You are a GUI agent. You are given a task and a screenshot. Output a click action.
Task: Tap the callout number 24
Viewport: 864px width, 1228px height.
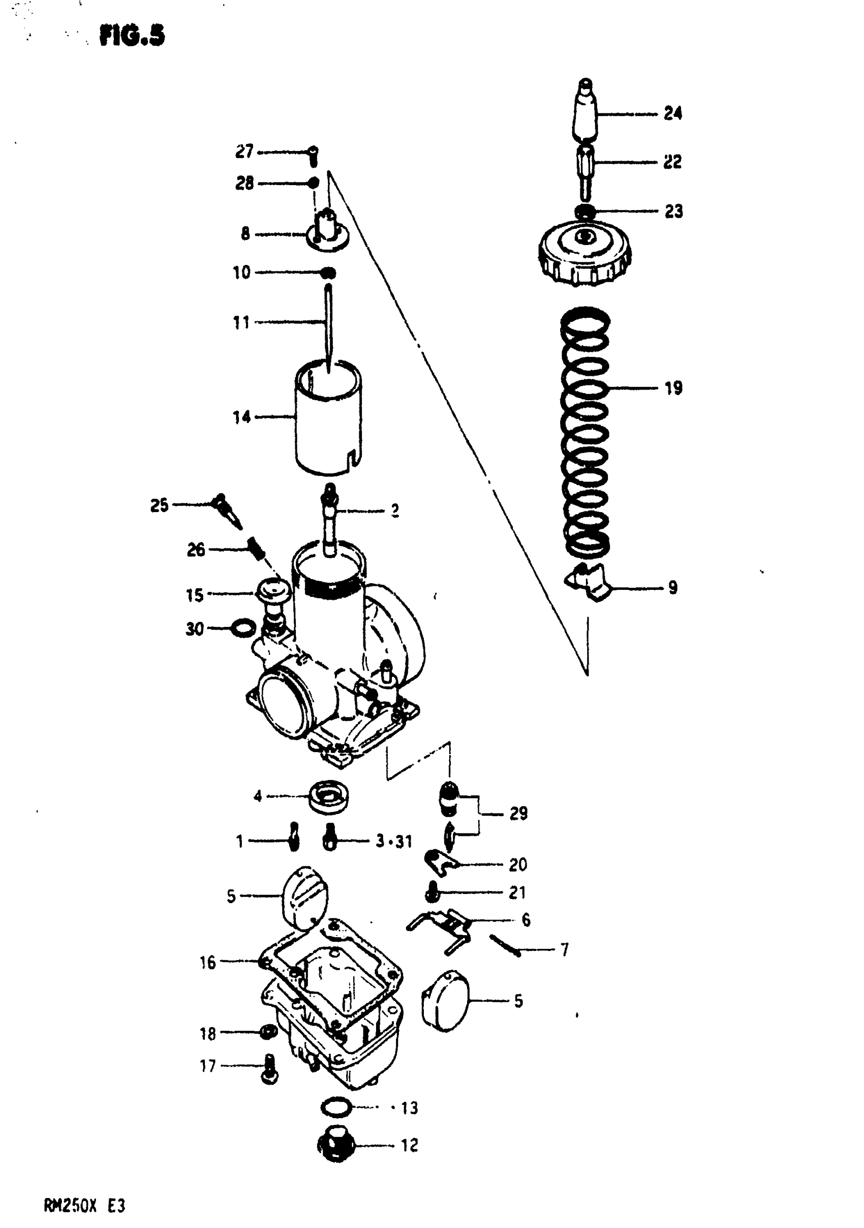[x=672, y=113]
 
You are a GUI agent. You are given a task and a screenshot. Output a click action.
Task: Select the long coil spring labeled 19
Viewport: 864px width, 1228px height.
[x=585, y=433]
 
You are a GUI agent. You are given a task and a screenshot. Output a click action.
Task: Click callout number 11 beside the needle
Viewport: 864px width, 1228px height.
[x=241, y=322]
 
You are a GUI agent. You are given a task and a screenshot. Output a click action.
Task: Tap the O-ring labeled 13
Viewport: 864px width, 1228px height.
[x=336, y=1106]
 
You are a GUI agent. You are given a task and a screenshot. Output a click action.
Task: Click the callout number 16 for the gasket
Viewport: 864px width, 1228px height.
[x=207, y=963]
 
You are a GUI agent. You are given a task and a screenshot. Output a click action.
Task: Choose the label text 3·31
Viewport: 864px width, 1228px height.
[x=393, y=842]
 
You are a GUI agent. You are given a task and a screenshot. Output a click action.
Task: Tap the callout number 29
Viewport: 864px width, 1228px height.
[x=518, y=814]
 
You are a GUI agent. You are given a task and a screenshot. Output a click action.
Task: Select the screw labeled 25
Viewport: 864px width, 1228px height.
[x=226, y=510]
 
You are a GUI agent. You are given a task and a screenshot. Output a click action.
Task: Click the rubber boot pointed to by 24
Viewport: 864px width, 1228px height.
[x=585, y=112]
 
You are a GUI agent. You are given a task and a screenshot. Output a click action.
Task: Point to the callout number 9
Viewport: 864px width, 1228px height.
[x=672, y=588]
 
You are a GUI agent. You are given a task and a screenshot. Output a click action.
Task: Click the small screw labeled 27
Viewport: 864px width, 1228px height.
[x=314, y=155]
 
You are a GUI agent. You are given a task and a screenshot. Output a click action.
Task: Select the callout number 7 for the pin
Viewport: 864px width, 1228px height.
[x=564, y=950]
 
